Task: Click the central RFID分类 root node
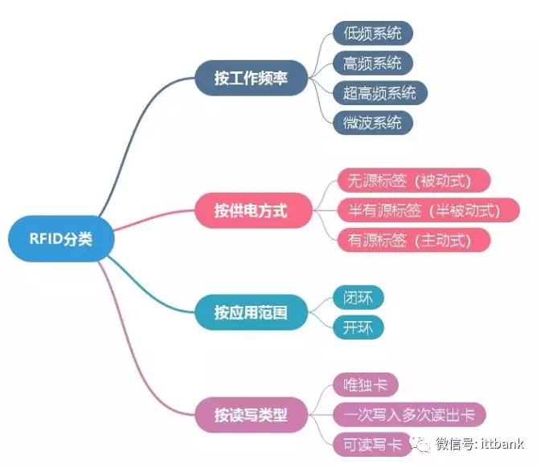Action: pos(61,238)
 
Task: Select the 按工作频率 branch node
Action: pos(251,78)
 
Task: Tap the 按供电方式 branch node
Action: pos(253,210)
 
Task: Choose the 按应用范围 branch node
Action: pos(251,312)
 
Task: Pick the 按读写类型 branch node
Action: pos(251,414)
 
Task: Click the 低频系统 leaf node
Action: pos(373,33)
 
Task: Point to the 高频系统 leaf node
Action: pos(373,63)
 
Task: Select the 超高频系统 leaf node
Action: pos(380,92)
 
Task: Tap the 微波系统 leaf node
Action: pos(373,123)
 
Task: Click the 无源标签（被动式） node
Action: pos(414,181)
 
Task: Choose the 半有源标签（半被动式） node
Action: pos(428,210)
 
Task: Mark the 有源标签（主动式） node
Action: pos(414,240)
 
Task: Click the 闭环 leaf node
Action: pos(359,297)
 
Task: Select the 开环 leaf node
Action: pos(359,327)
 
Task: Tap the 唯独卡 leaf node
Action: pos(366,385)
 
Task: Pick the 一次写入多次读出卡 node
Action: pos(409,414)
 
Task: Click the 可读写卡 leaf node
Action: pos(373,444)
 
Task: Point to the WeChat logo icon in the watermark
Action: pos(420,444)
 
